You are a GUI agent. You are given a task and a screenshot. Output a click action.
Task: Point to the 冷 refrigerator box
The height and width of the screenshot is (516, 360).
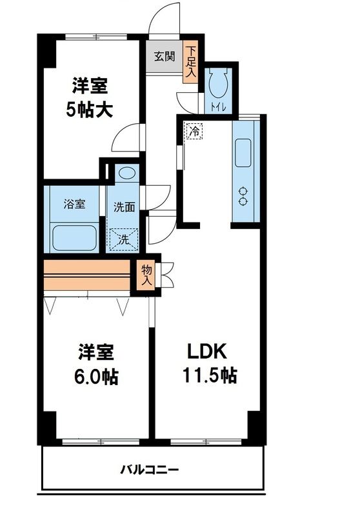[x=194, y=131]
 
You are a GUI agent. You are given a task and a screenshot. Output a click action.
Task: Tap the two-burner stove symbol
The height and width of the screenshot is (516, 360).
[x=244, y=195]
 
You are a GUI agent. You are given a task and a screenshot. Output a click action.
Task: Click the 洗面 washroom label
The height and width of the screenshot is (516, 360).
[x=124, y=208]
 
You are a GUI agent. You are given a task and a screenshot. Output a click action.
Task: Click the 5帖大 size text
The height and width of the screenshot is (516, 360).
[x=90, y=110]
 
